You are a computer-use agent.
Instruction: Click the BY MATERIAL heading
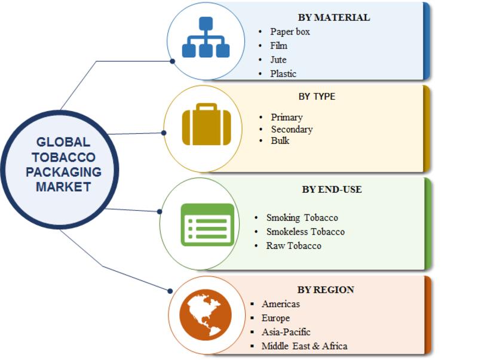334,17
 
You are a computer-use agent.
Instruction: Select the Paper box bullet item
290,32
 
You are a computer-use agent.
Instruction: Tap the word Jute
278,60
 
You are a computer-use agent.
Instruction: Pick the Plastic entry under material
283,73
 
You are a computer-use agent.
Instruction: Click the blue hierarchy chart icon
206,37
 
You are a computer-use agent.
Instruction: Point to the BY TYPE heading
317,97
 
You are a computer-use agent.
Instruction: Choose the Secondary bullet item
292,129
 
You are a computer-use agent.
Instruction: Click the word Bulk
280,141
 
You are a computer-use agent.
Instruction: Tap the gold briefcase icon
206,124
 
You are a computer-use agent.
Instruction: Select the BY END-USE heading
332,189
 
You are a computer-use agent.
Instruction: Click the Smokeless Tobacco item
305,232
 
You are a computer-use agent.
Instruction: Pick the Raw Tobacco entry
294,246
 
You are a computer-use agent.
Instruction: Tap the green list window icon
207,224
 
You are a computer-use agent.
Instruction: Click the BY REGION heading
326,290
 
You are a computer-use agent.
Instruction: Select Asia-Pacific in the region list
286,332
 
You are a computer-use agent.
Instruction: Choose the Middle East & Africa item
304,346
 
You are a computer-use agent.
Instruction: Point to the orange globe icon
206,315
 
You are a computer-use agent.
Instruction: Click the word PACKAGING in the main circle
63,172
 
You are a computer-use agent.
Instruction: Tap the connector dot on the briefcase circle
164,133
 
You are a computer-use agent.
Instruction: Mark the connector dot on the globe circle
170,291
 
